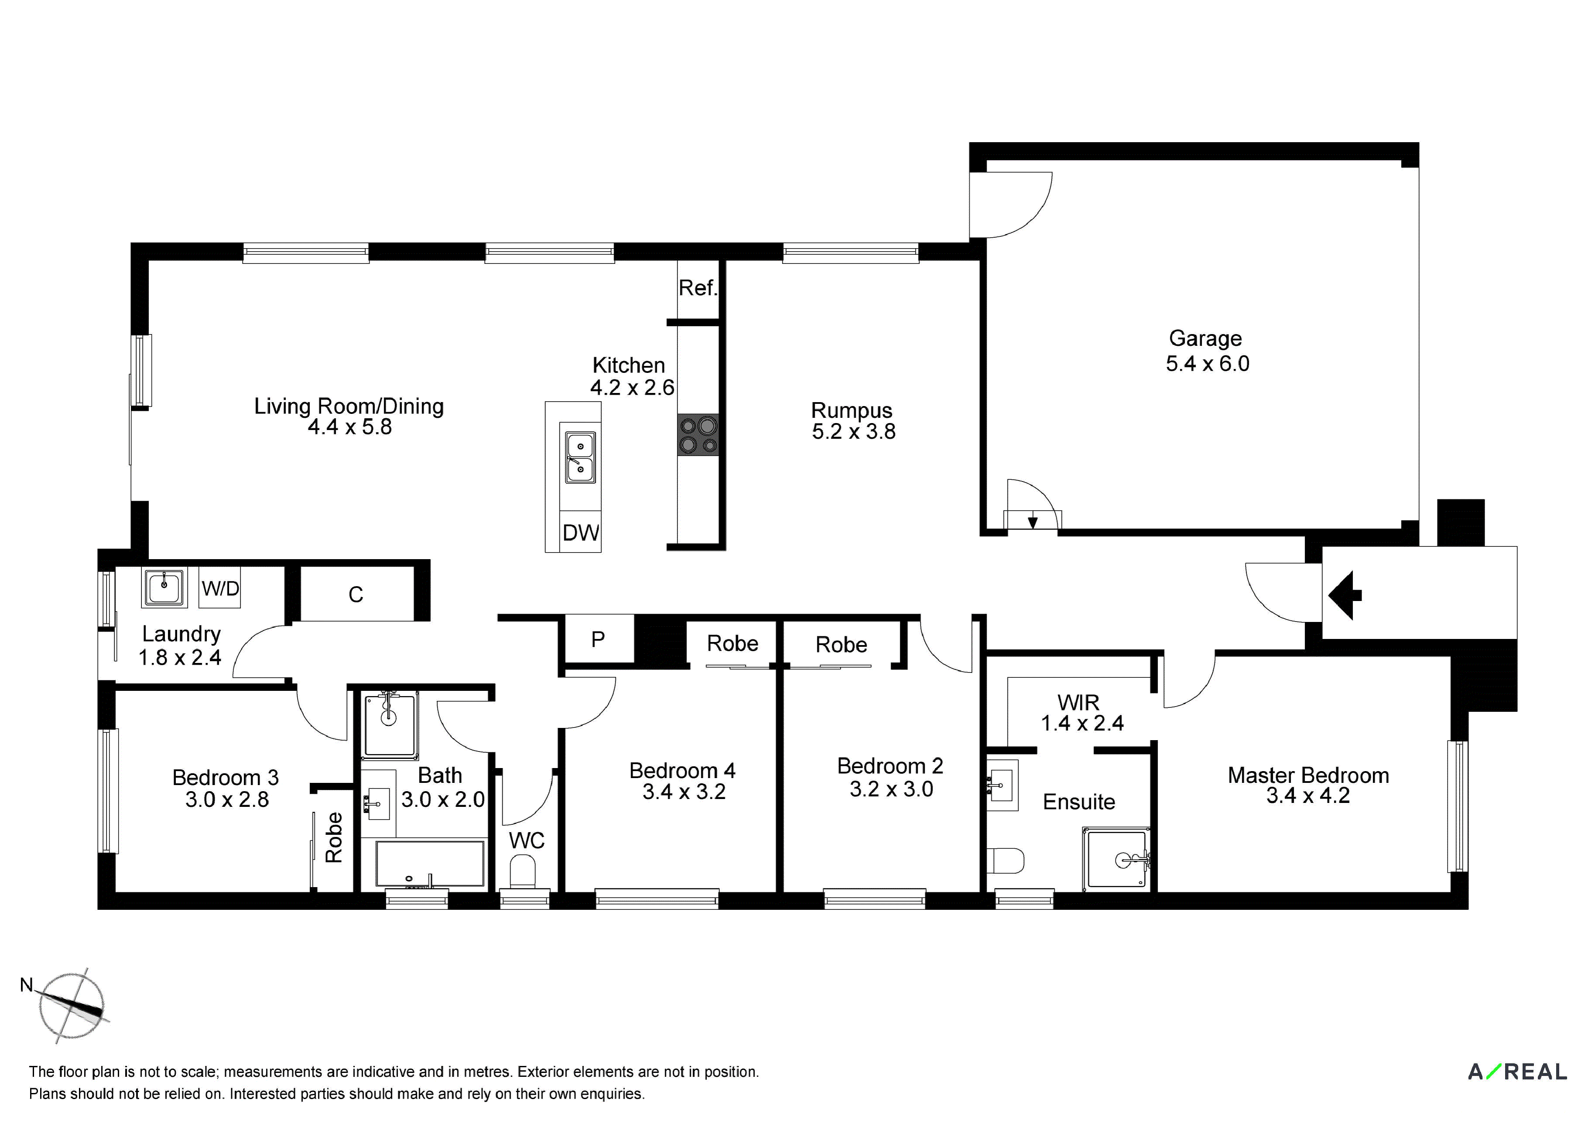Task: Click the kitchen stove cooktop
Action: point(698,435)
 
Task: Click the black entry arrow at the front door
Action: point(1345,595)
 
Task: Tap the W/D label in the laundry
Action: point(220,589)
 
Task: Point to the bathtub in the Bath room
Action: point(430,864)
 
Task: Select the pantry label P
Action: point(597,639)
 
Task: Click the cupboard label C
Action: point(356,594)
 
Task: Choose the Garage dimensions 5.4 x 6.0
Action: point(1207,363)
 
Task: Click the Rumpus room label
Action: point(852,410)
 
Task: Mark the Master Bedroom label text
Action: point(1308,775)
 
